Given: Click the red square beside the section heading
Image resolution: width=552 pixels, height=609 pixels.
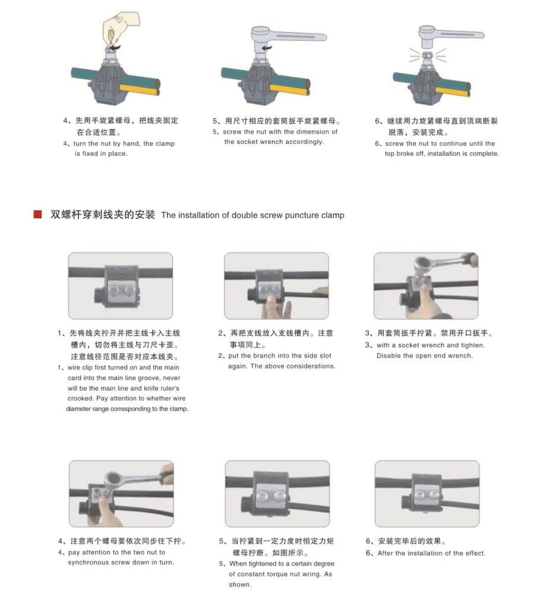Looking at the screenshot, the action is [37, 214].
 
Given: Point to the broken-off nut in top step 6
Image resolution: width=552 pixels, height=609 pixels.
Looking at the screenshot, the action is [427, 55].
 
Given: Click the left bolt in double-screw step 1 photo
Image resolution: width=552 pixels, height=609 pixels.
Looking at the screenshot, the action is [115, 290].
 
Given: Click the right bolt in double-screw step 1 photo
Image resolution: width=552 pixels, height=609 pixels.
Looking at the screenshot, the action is [128, 290].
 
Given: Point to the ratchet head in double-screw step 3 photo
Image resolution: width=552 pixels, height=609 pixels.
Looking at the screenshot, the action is [422, 265].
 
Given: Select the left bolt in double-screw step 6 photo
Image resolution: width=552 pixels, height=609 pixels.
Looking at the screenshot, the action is [419, 494].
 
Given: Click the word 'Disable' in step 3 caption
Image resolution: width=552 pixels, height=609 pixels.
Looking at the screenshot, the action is [388, 356].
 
